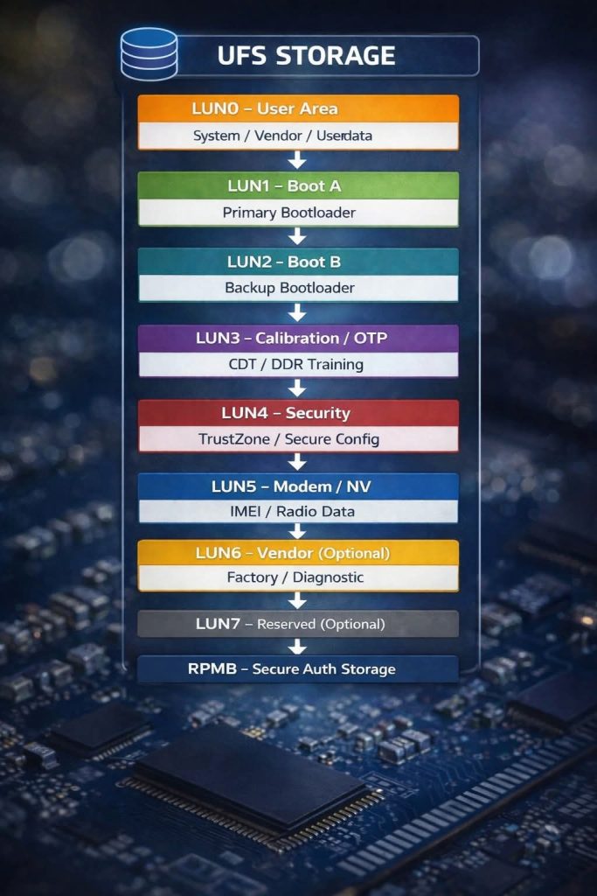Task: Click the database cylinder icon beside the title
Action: tap(149, 53)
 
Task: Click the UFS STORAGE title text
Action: tap(306, 55)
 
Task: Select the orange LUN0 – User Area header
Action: tap(298, 108)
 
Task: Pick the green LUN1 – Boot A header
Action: tap(298, 185)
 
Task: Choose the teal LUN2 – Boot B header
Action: tap(298, 262)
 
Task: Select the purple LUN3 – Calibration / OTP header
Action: tap(298, 338)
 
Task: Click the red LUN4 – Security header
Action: tap(298, 413)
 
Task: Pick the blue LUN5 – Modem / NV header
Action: tap(298, 486)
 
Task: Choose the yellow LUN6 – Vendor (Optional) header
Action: tap(298, 553)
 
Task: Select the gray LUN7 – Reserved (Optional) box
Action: tap(298, 624)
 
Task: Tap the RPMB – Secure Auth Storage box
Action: tap(298, 669)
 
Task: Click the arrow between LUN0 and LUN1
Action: tap(298, 160)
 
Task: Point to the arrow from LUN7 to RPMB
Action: tap(298, 647)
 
